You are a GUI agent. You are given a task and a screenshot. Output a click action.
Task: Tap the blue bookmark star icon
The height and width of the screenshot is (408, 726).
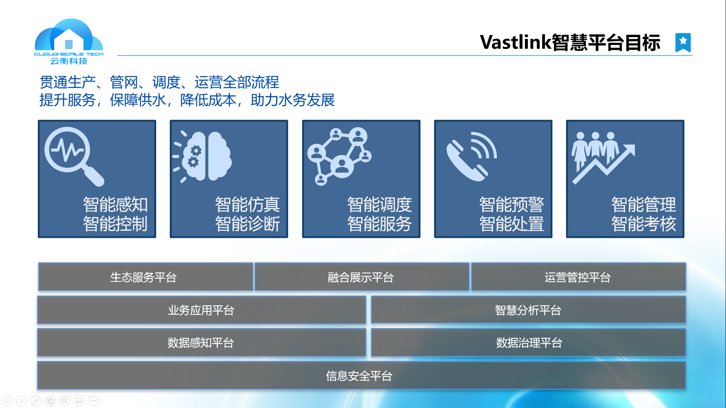(x=683, y=42)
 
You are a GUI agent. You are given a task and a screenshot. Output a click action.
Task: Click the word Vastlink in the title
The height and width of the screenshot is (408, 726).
(x=515, y=42)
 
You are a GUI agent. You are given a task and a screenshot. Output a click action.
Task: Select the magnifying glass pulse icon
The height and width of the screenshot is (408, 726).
(x=74, y=156)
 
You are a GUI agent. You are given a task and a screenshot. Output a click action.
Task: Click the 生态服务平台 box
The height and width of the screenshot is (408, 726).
(x=146, y=277)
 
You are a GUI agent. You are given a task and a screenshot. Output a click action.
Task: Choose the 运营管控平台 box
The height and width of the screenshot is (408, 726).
(x=579, y=277)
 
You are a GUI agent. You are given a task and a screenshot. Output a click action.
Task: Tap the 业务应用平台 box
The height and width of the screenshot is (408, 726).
(x=202, y=310)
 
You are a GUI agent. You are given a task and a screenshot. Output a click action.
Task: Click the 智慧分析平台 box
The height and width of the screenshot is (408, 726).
(x=528, y=310)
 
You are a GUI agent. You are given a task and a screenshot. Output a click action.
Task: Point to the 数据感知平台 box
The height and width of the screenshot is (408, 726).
(x=202, y=342)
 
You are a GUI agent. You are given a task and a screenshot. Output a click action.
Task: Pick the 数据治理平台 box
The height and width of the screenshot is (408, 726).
(x=528, y=342)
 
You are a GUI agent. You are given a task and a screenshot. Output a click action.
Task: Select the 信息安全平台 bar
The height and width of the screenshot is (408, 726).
(x=361, y=376)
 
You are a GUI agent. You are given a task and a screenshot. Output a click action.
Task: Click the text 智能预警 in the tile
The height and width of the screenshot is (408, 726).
(x=511, y=205)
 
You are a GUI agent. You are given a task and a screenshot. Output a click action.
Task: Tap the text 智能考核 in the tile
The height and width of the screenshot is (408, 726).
(x=644, y=224)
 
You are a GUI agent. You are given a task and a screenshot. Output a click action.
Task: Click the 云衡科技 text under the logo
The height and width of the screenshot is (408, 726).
(x=69, y=61)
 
